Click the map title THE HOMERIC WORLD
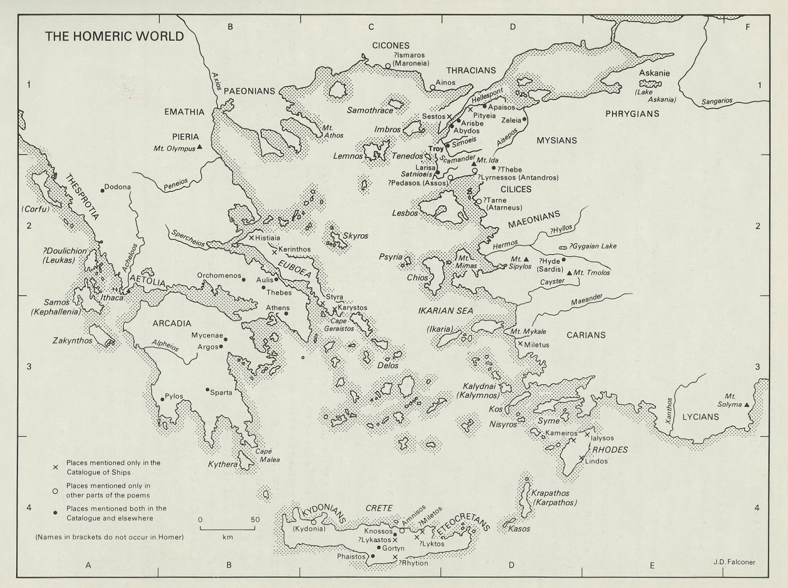pos(114,36)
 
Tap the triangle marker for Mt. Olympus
pos(200,147)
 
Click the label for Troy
pos(436,148)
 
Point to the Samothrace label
pos(370,110)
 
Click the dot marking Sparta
pos(207,389)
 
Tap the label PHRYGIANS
pos(632,114)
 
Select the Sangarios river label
pos(717,101)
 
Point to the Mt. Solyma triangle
pos(747,405)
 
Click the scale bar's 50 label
pos(255,519)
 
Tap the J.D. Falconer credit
pos(733,562)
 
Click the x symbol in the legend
pos(56,467)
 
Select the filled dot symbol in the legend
pos(56,513)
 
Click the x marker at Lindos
pos(582,459)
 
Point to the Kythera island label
pos(223,464)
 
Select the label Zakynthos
pos(72,341)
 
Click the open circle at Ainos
pos(432,87)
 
